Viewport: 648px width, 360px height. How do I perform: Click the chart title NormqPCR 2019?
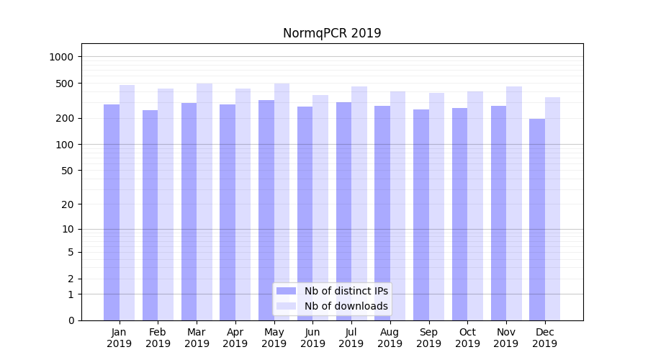pos(331,33)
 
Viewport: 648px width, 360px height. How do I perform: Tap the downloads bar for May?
pos(282,202)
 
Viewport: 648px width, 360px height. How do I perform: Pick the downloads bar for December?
pos(552,209)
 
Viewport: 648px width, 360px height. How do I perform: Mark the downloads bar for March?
pos(204,202)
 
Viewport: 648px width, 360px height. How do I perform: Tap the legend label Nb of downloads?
pos(346,306)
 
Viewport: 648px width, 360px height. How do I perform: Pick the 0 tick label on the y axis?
pos(70,320)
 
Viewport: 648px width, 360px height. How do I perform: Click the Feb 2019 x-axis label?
pos(158,338)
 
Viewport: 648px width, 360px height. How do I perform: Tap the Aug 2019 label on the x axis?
pos(390,338)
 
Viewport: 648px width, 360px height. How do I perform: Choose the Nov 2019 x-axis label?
pos(505,338)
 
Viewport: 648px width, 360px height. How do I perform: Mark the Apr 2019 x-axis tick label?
pos(235,338)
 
